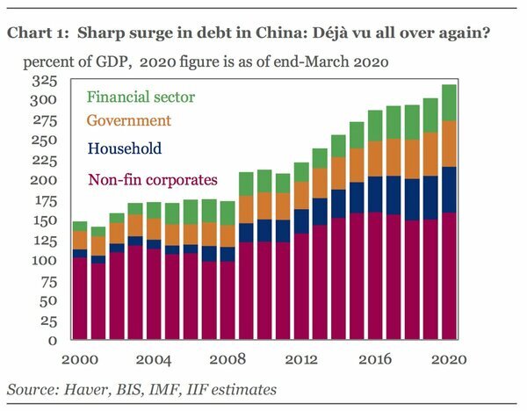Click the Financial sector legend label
pos(141,97)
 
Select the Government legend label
pos(128,120)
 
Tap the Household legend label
pos(124,149)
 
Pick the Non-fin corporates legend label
pos(151,180)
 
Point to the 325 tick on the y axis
pos(46,81)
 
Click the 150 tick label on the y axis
pos(46,220)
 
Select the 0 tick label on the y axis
pos(54,341)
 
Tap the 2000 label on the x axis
pos(80,359)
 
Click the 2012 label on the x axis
pos(301,359)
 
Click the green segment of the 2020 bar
pos(450,103)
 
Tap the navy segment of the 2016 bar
pos(375,195)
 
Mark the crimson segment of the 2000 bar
pos(80,299)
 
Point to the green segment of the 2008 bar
pos(227,213)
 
